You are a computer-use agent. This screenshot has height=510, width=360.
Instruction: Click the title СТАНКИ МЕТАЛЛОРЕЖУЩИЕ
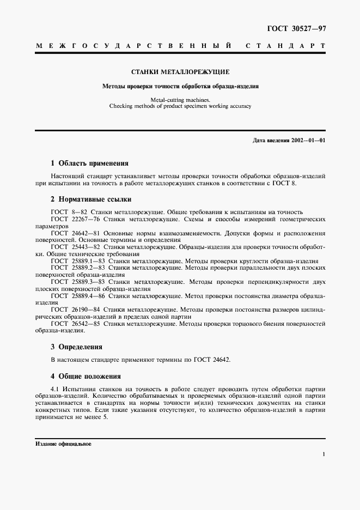(180, 71)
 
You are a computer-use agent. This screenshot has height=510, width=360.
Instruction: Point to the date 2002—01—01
(308, 141)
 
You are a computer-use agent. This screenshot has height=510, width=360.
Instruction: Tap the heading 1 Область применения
(89, 163)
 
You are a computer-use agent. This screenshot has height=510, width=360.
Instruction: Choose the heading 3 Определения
(76, 347)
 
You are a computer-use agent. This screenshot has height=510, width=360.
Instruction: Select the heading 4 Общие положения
(86, 376)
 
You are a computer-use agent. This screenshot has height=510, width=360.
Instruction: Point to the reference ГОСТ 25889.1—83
(77, 261)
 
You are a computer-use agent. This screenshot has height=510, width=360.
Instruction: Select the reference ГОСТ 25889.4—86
(77, 296)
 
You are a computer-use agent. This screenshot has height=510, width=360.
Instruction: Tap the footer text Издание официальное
(63, 444)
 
